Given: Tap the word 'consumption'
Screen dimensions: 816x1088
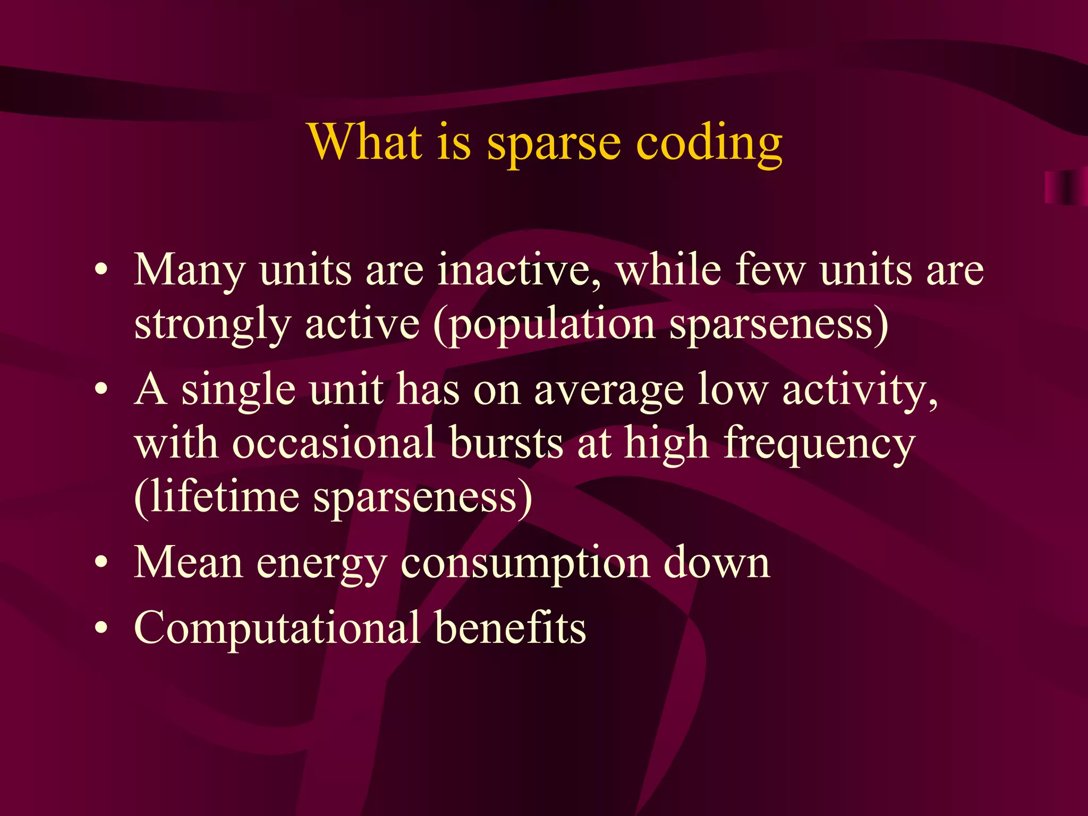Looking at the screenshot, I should pyautogui.click(x=525, y=564).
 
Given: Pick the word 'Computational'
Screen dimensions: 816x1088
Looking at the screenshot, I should pyautogui.click(x=277, y=629).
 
